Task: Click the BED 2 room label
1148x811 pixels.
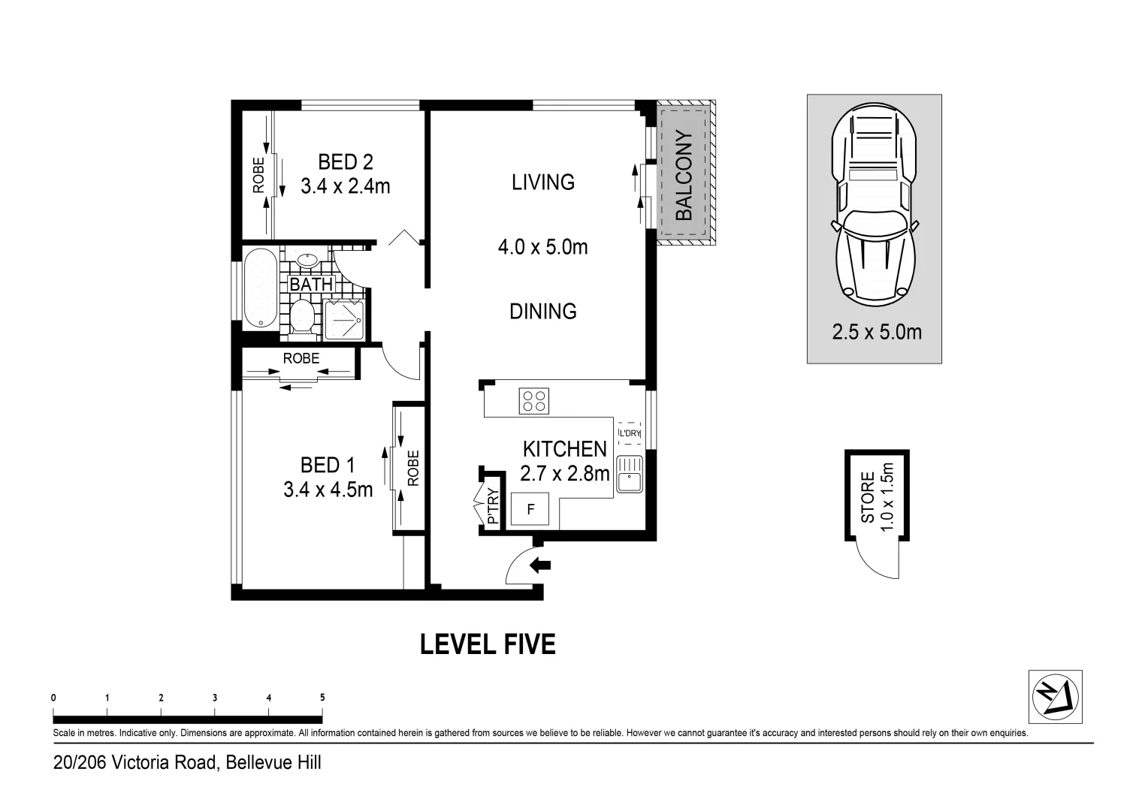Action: pos(346,162)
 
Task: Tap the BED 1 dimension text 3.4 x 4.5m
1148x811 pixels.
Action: pos(328,490)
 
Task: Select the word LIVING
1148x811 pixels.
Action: pos(543,182)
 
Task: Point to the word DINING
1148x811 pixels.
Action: pos(543,312)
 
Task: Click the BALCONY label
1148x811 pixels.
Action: pos(684,176)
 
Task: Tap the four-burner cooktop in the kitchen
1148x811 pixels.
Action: pos(534,401)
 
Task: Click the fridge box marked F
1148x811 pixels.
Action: pos(530,508)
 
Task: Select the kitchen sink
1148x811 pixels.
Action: pos(630,474)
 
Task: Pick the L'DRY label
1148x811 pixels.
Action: pos(630,433)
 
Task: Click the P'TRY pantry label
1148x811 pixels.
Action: pos(493,505)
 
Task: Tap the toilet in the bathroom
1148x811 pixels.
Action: pos(302,318)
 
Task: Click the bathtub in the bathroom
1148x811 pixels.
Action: pos(261,288)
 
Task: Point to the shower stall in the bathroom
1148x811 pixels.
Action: pos(344,320)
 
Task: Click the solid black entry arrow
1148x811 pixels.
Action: pos(540,565)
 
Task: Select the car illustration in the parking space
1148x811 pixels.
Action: pos(875,204)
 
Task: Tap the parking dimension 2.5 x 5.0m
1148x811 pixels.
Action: pos(877,333)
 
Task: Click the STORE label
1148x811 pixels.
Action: pos(868,497)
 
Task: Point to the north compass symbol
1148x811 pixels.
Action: pos(1056,697)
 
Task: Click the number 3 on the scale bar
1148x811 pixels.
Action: pos(215,698)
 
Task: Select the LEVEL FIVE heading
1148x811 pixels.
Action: pos(488,644)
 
